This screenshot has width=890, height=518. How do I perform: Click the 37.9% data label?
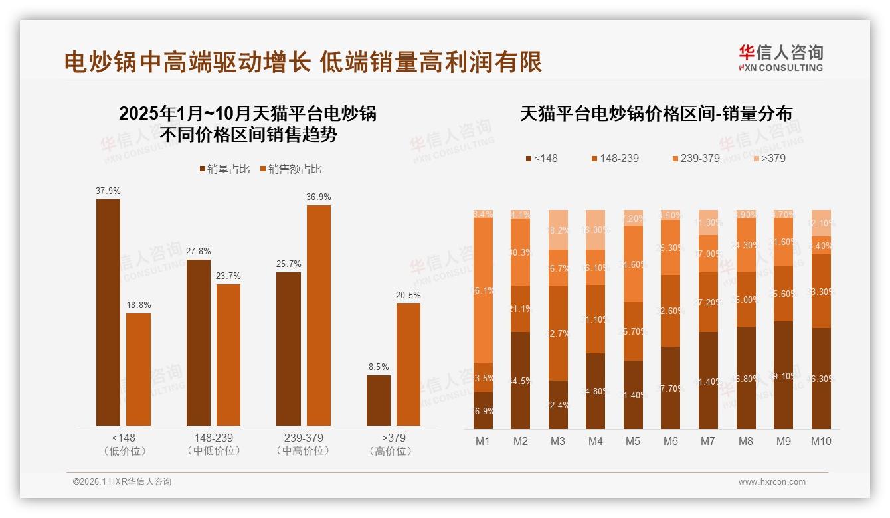coord(108,191)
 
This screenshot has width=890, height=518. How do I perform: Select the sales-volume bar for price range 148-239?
coord(198,342)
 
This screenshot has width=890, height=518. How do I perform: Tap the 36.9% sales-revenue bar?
coord(318,315)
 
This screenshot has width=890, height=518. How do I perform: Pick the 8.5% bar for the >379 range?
coord(379,400)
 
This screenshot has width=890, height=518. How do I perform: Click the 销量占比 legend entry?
coord(224,169)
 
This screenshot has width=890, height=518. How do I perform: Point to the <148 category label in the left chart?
coord(124,438)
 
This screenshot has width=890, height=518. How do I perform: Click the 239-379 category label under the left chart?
coord(304,438)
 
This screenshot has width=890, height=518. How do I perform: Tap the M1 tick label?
coord(483,441)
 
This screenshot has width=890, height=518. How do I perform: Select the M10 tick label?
coord(821,441)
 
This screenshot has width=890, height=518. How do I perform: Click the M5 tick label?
coord(633,441)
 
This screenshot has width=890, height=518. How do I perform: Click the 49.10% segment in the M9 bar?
coord(784,375)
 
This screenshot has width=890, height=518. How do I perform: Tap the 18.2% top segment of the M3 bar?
coord(558,230)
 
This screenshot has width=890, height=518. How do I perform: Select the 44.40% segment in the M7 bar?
coord(709,381)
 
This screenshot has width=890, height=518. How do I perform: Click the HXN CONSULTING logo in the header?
coord(781,58)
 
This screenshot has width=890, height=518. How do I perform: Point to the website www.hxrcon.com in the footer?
coord(772,482)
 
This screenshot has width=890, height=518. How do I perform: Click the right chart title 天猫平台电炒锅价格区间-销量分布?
coord(656,114)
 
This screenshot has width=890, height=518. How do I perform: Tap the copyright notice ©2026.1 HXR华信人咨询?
coord(122,482)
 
